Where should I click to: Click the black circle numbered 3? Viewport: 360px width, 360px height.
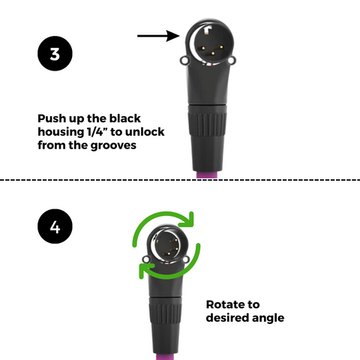point(55,53)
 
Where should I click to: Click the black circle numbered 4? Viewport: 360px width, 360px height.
point(55,226)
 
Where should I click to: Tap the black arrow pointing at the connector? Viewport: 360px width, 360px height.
point(158,36)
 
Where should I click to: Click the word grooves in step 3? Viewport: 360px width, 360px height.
point(113,145)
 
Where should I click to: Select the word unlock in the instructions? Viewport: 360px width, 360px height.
point(145,132)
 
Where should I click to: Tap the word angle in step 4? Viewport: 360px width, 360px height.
point(268,318)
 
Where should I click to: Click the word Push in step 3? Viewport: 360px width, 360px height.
point(52,118)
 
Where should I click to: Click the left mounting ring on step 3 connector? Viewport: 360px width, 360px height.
point(184,60)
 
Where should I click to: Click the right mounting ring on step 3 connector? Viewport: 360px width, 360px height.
point(232,60)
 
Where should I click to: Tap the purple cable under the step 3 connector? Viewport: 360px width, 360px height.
point(207,175)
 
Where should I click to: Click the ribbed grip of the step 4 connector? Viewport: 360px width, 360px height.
point(165,311)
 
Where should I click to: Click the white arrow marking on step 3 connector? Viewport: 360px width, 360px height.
point(207,30)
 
